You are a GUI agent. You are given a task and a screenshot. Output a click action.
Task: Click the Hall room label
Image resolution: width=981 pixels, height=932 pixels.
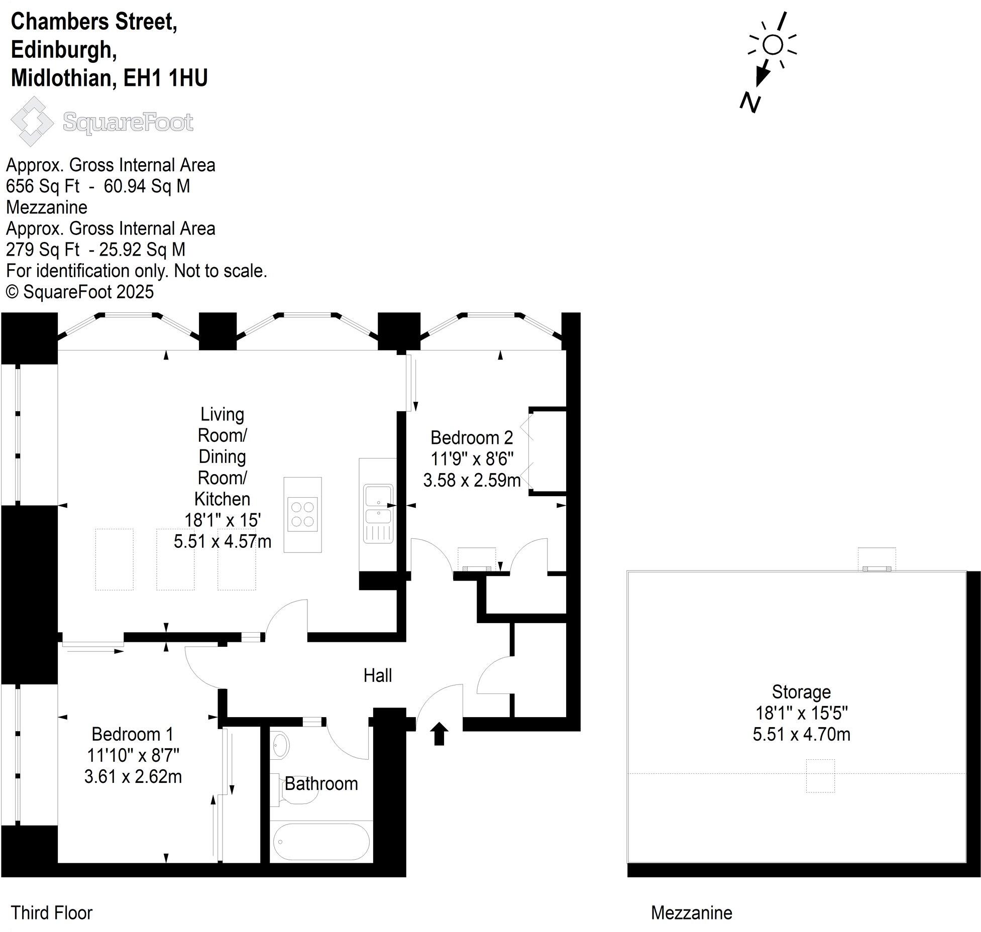[377, 675]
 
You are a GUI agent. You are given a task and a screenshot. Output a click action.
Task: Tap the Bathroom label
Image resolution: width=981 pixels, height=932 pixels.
[321, 784]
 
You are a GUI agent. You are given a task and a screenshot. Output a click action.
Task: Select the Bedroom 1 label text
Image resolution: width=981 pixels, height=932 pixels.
[132, 734]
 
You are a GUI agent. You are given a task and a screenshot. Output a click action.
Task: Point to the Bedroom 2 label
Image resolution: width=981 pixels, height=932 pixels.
[471, 437]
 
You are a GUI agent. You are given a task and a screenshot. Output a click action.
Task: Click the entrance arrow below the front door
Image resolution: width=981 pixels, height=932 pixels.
[440, 734]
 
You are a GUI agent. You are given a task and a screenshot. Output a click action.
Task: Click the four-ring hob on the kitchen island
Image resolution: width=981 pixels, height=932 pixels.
[302, 514]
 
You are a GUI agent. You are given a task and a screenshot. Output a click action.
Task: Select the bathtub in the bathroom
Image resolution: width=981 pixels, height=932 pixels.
[321, 842]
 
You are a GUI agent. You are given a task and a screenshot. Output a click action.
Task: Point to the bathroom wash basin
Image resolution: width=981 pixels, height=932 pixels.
[281, 745]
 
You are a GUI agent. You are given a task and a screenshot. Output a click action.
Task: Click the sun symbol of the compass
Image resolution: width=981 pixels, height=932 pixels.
[773, 45]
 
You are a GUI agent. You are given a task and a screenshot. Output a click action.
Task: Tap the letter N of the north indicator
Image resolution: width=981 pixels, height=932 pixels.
[750, 102]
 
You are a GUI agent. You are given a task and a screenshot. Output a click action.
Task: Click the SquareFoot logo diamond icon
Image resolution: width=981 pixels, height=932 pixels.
[32, 122]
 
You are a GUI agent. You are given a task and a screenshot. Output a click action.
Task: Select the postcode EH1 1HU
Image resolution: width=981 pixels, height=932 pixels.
[165, 78]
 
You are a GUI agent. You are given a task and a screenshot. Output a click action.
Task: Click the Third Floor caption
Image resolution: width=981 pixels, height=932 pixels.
[52, 912]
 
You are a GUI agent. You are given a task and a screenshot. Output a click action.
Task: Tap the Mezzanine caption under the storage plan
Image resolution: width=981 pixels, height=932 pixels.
[691, 912]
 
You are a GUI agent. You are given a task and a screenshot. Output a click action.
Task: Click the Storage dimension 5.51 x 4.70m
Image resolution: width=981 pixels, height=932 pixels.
[801, 734]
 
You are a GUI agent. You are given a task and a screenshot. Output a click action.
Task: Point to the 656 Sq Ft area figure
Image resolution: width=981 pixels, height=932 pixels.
[42, 186]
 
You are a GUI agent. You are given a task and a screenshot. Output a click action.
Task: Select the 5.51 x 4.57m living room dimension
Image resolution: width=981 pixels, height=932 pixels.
[222, 541]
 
